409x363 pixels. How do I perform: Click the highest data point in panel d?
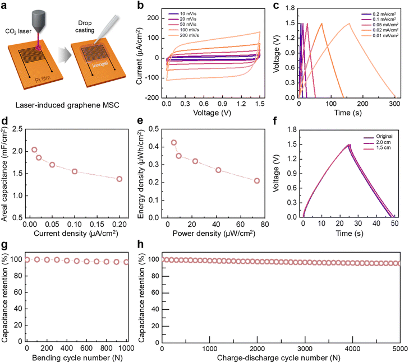click(34, 150)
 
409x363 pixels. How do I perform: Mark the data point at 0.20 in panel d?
click(120, 179)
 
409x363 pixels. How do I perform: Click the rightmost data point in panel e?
click(257, 180)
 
